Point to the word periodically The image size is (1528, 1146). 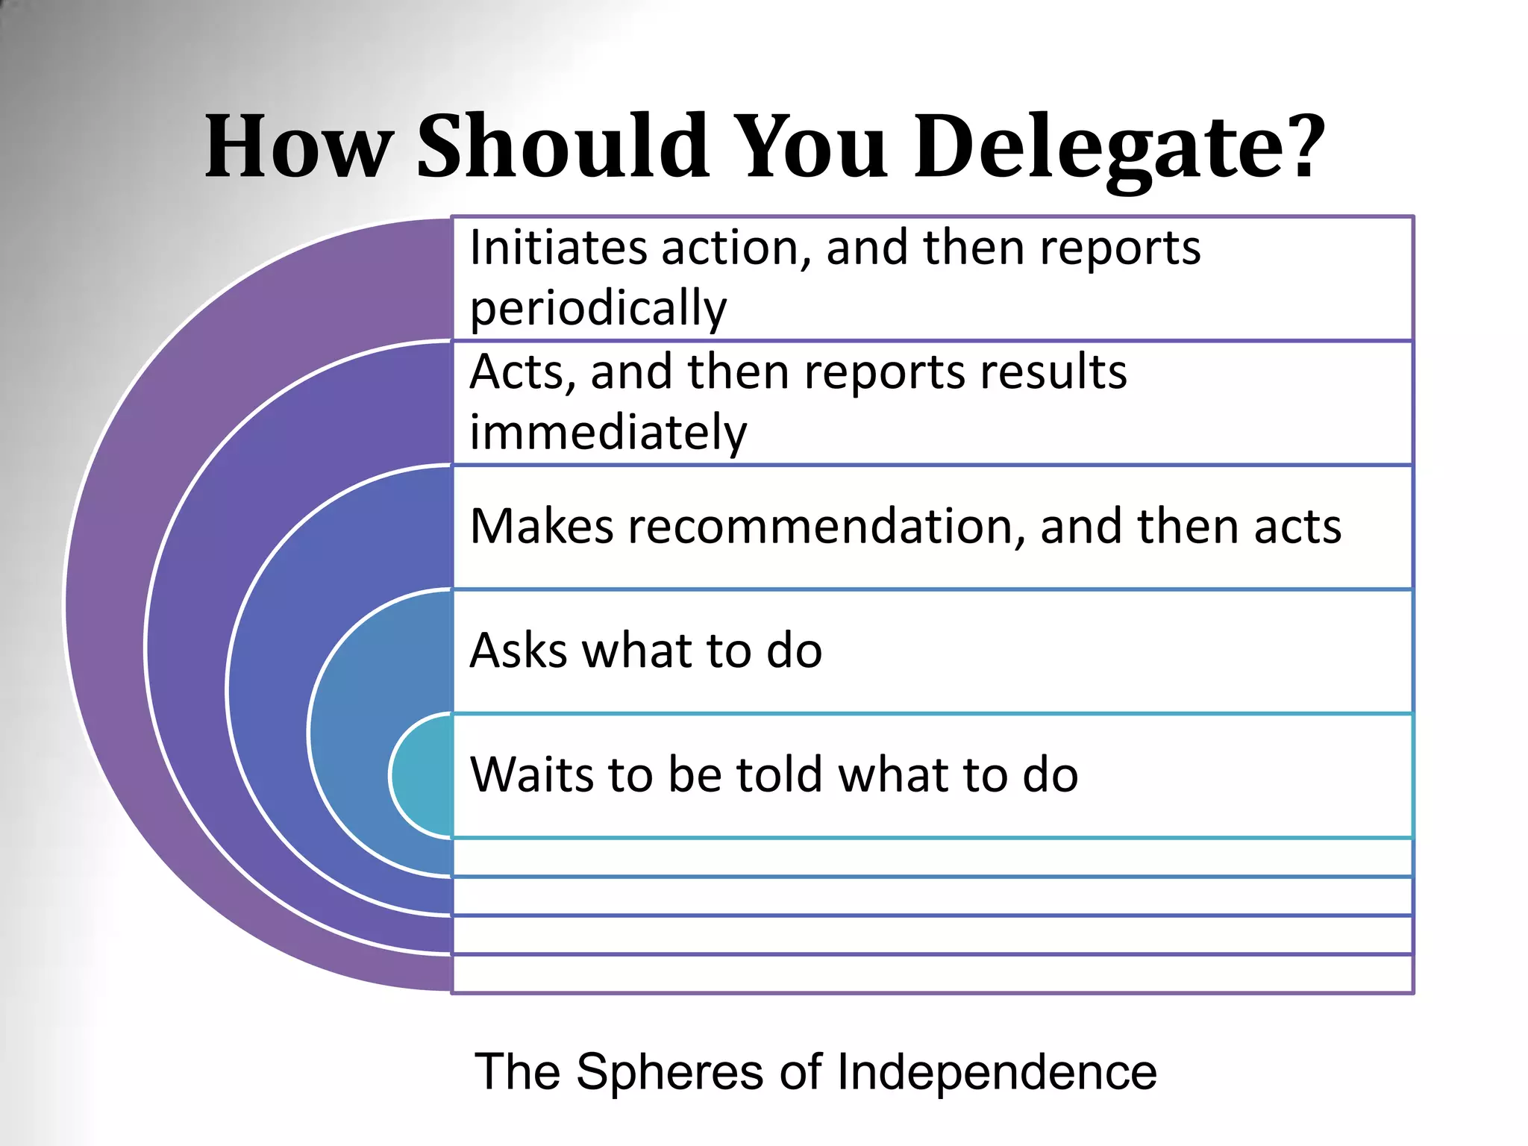coord(598,307)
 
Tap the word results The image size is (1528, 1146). coord(1053,372)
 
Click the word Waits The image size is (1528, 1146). coord(533,774)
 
